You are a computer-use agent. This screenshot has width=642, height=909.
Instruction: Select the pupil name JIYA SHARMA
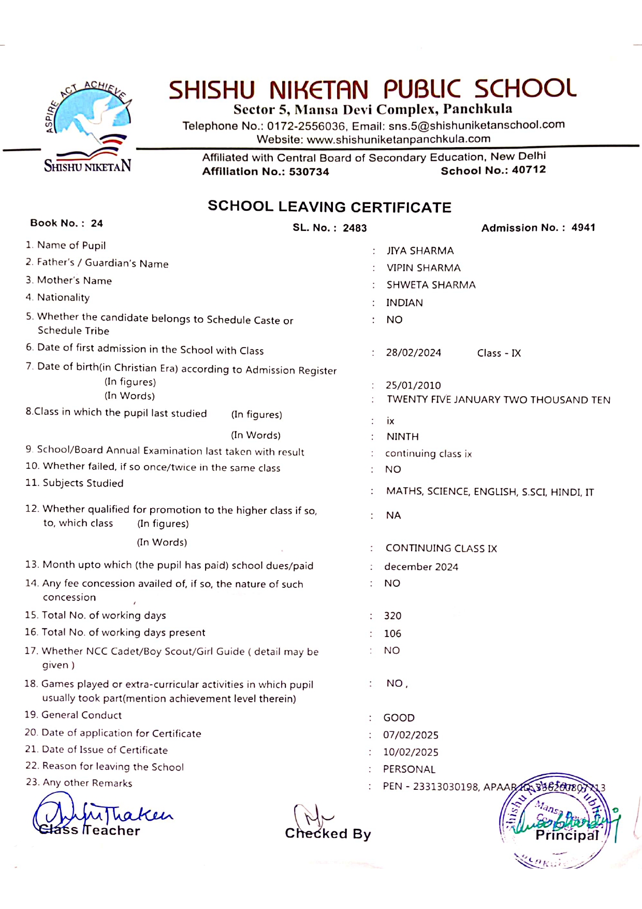click(420, 251)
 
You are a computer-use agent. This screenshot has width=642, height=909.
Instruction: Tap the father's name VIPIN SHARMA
click(424, 268)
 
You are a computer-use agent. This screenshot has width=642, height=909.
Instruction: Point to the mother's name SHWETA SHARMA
click(431, 285)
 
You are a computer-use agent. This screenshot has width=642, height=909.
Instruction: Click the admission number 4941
click(583, 227)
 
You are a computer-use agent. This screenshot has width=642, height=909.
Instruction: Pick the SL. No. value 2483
click(355, 228)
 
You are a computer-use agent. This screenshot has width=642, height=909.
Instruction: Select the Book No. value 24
click(97, 223)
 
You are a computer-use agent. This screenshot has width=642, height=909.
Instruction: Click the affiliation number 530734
click(309, 172)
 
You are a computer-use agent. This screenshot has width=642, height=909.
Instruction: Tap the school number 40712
click(529, 170)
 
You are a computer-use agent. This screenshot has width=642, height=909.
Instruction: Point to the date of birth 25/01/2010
click(413, 385)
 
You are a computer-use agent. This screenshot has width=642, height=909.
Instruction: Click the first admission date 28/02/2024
click(413, 353)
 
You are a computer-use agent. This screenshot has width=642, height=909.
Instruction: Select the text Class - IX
click(499, 353)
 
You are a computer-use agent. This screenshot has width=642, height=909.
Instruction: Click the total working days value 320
click(392, 616)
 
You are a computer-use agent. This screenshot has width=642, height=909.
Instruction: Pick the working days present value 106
click(392, 633)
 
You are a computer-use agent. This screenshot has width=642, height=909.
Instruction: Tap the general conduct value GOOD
click(399, 718)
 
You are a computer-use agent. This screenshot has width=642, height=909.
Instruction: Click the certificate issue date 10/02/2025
click(411, 752)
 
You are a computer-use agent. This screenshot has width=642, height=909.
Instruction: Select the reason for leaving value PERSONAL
click(409, 769)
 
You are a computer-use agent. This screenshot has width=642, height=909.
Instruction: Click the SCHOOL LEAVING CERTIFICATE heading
click(329, 207)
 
